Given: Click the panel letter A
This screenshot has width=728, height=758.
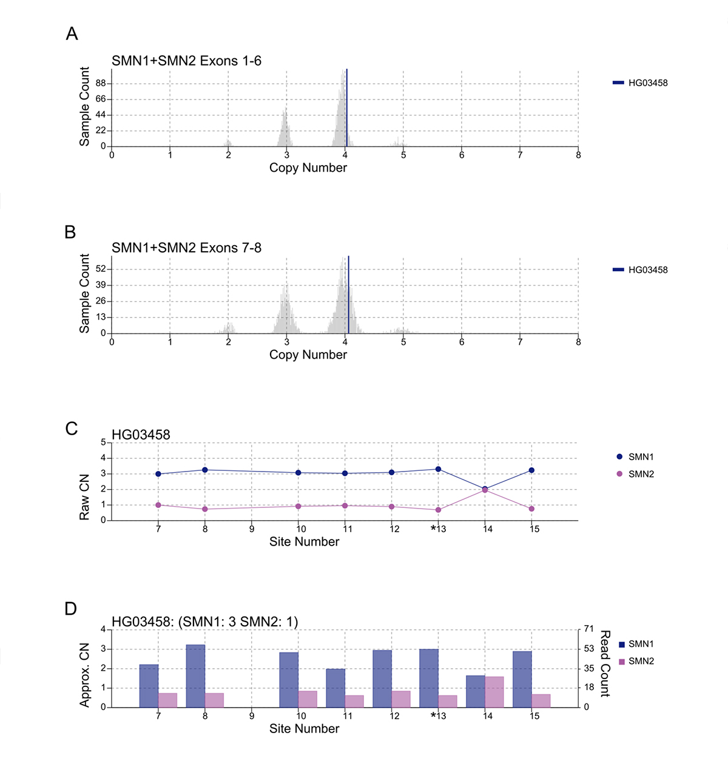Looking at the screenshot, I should pos(72,34).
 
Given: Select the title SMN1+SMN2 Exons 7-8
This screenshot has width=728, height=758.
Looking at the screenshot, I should pos(186,248).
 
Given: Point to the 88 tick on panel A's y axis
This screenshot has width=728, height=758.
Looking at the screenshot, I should pos(100,83).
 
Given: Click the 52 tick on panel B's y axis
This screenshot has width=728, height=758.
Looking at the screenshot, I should pos(100,269).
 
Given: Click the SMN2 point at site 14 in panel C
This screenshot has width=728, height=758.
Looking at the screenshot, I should pos(485,490).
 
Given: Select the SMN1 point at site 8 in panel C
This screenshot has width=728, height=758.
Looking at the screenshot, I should pos(205,470).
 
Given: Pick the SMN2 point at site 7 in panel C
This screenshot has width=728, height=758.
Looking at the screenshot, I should pos(158,505).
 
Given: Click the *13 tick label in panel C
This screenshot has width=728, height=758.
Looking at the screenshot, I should pos(439,529).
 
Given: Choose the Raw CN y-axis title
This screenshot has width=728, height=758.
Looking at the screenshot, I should pos(84,496).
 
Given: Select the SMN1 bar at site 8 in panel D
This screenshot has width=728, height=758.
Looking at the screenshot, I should pos(195,676).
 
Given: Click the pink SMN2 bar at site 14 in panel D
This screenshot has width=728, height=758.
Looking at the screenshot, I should pos(494,692).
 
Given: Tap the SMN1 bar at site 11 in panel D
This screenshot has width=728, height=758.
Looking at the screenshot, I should pos(335,688).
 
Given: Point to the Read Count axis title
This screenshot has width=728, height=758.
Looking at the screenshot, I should pos(605,663).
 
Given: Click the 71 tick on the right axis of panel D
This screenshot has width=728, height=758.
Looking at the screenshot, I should pos(588,629).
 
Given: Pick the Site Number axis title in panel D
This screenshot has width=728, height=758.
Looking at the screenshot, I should pos(304,729).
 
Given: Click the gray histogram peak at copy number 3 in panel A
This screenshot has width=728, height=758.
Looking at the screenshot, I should pos(285,130).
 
